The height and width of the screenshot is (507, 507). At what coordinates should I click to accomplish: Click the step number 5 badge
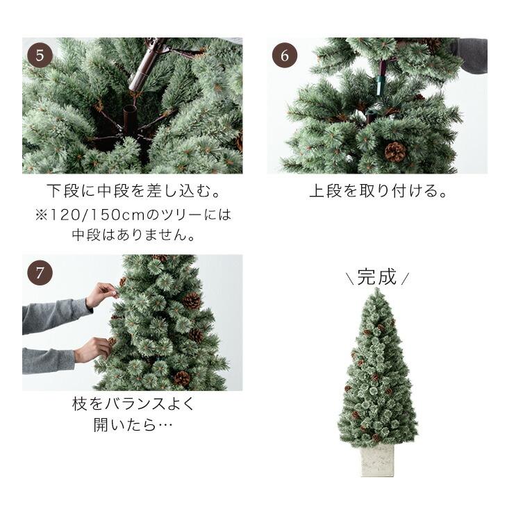pyautogui.click(x=40, y=55)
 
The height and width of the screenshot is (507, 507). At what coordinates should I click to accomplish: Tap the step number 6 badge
pyautogui.click(x=285, y=55)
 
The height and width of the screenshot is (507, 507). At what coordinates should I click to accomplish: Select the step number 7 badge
pyautogui.click(x=40, y=272)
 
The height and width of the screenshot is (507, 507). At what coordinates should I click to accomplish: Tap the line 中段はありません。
pyautogui.click(x=132, y=235)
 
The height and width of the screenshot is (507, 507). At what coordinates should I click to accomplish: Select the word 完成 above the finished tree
pyautogui.click(x=377, y=277)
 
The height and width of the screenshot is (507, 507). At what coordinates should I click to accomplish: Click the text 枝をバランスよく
pyautogui.click(x=132, y=404)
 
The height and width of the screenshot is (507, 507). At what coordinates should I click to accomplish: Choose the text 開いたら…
pyautogui.click(x=132, y=424)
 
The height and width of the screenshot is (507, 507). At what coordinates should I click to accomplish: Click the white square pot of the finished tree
pyautogui.click(x=377, y=460)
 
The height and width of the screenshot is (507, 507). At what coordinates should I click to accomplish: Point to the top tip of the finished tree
pyautogui.click(x=377, y=290)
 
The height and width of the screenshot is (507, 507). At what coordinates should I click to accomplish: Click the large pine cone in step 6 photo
pyautogui.click(x=395, y=152)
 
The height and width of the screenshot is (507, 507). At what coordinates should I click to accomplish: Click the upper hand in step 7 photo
pyautogui.click(x=103, y=294)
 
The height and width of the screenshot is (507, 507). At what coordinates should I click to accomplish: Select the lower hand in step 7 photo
pyautogui.click(x=93, y=349)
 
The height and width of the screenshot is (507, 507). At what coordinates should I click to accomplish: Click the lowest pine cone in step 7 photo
pyautogui.click(x=182, y=379)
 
